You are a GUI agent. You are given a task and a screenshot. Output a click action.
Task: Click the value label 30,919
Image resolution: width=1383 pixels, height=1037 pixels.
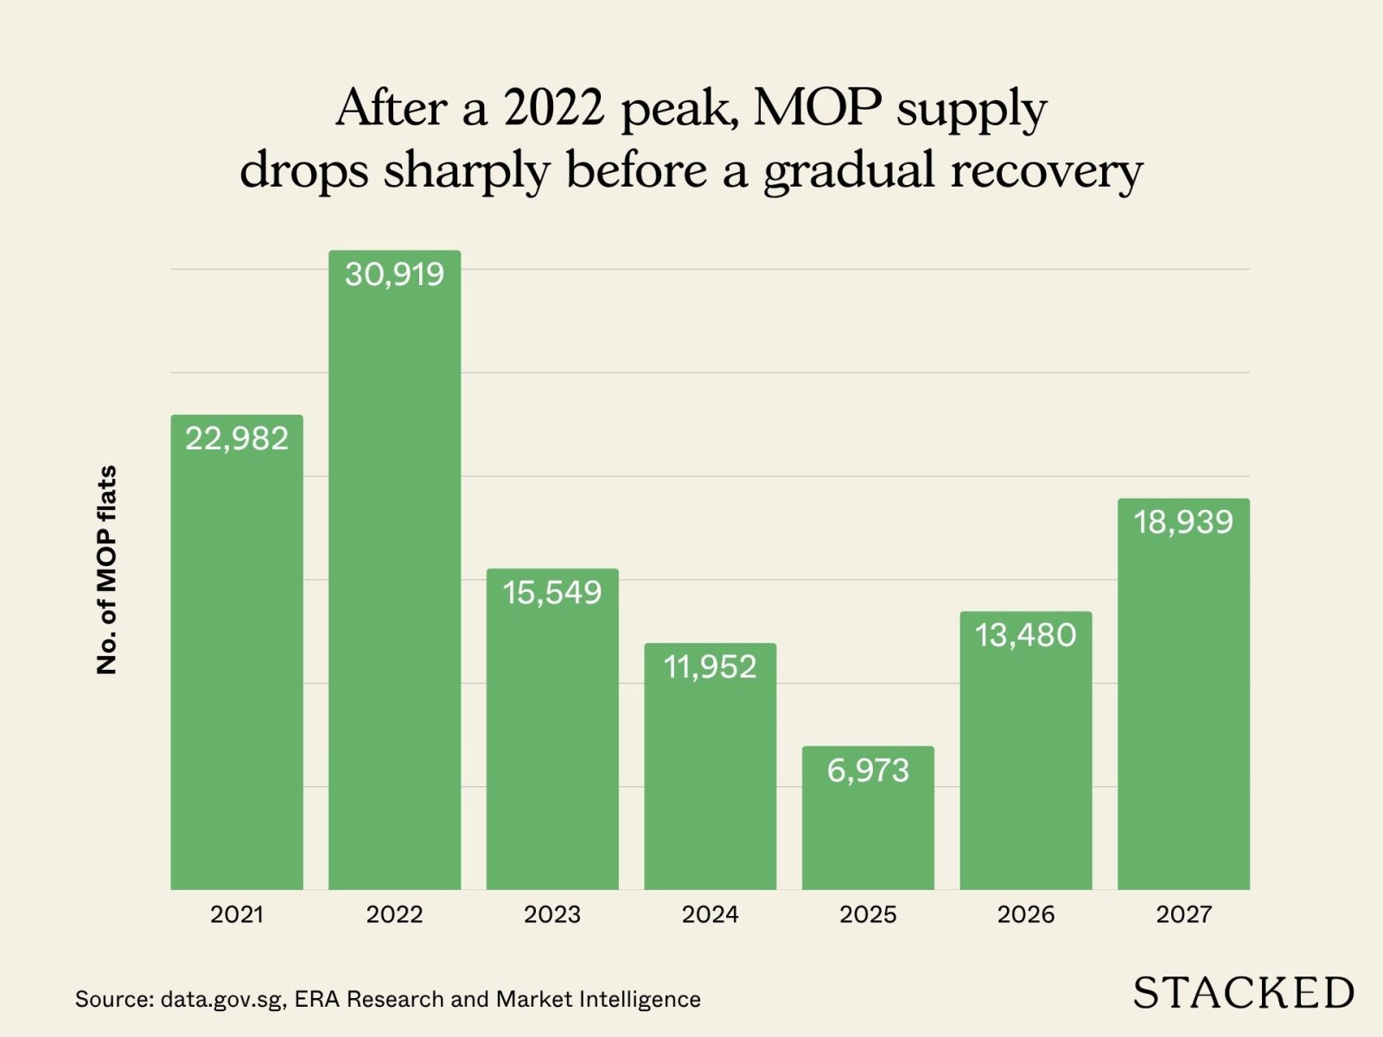pyautogui.click(x=394, y=274)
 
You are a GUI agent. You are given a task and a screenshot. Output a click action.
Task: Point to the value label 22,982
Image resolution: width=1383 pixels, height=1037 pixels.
pyautogui.click(x=237, y=438)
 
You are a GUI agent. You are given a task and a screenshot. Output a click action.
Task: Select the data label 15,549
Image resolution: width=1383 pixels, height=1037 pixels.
pyautogui.click(x=551, y=592)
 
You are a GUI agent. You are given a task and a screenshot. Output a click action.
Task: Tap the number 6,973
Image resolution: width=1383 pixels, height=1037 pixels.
pyautogui.click(x=868, y=770)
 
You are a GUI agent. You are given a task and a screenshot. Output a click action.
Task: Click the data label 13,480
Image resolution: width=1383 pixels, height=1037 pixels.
pyautogui.click(x=1025, y=635)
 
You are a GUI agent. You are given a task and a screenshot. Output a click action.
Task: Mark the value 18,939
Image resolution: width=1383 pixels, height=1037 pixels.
pyautogui.click(x=1183, y=522)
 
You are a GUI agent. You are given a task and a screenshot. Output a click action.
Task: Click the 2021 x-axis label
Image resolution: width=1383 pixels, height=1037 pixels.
pyautogui.click(x=237, y=914)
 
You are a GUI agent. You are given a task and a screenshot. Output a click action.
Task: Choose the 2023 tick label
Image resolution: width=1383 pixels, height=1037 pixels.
pyautogui.click(x=551, y=914)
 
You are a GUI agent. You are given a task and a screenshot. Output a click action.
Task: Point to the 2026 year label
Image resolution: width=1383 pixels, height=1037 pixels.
pyautogui.click(x=1025, y=914)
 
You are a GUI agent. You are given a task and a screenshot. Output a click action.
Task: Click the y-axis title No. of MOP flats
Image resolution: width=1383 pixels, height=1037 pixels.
pyautogui.click(x=106, y=570)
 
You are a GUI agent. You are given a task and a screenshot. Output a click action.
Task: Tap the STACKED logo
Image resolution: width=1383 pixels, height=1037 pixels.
pyautogui.click(x=1243, y=993)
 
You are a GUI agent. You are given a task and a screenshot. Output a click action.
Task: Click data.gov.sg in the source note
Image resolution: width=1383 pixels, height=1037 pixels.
pyautogui.click(x=222, y=1000)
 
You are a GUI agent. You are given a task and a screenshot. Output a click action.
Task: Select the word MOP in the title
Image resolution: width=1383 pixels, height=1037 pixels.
pyautogui.click(x=817, y=108)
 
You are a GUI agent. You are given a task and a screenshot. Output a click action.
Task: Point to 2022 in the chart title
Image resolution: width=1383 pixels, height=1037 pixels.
pyautogui.click(x=553, y=108)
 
